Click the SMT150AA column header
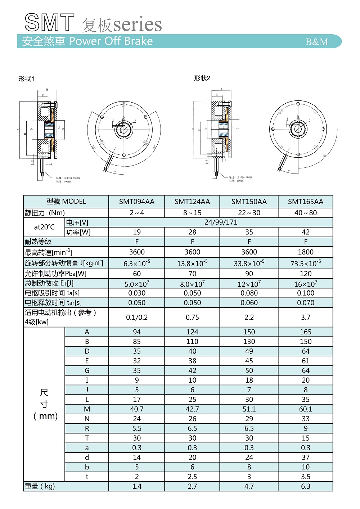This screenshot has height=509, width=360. [x=249, y=202]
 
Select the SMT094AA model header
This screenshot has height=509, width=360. [x=136, y=202]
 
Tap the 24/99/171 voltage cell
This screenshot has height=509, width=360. [x=221, y=222]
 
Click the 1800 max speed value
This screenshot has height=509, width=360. [x=305, y=252]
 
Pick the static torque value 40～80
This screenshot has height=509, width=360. [x=305, y=213]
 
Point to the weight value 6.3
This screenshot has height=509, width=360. [x=305, y=486]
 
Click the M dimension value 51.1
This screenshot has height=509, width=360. [x=249, y=409]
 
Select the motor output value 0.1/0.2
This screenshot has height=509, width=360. [x=136, y=317]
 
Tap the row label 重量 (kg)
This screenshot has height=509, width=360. [x=40, y=486]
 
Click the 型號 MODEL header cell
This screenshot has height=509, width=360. [x=66, y=202]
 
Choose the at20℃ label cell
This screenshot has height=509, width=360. [x=44, y=227]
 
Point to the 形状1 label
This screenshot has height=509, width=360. [x=26, y=79]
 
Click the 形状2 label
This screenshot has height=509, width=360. [x=202, y=78]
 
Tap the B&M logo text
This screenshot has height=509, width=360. [x=317, y=42]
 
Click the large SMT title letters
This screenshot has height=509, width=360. [x=50, y=23]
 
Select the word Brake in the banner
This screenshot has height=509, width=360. [x=138, y=41]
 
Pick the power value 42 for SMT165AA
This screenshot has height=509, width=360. [x=305, y=232]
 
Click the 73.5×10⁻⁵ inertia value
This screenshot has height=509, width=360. [x=305, y=263]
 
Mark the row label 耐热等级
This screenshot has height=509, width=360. [x=38, y=242]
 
